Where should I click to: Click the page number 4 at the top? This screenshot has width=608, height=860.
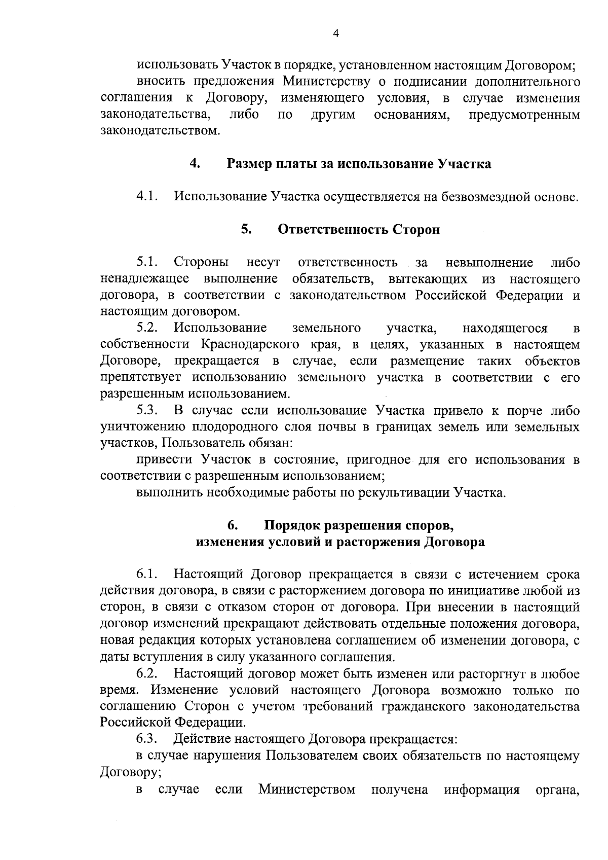click(x=335, y=33)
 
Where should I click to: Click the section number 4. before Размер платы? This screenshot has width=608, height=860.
click(x=195, y=164)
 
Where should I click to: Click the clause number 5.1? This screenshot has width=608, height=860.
click(x=147, y=262)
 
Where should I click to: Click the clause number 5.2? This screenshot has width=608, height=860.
click(x=147, y=328)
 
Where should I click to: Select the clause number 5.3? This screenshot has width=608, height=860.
click(x=147, y=410)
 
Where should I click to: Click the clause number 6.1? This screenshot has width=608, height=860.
click(x=147, y=575)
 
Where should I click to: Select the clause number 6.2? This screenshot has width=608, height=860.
click(x=147, y=674)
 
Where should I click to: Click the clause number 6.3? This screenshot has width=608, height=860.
click(x=147, y=740)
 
